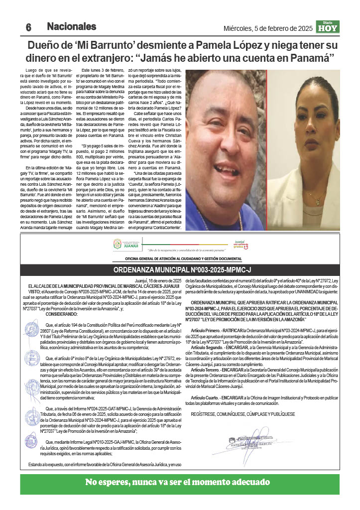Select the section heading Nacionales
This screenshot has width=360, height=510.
pos(71,26)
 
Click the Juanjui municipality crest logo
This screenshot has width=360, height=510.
pos(118,245)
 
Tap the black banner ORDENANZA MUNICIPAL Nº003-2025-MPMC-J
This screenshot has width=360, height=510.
pos(180,269)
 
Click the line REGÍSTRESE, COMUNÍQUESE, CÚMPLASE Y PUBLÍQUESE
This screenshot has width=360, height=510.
pos(242,414)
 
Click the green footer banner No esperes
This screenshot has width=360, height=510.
pos(178,482)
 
